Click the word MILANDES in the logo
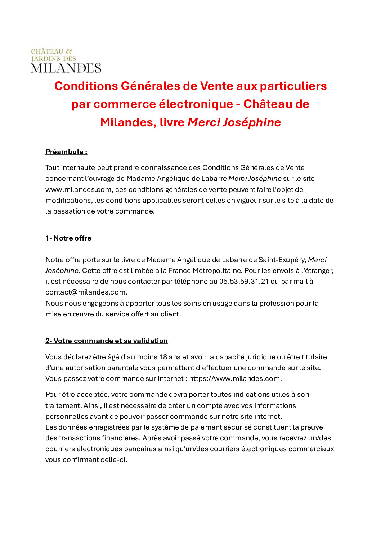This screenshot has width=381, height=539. tap(66, 68)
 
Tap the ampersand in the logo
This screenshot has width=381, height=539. tap(69, 51)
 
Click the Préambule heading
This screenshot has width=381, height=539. tap(66, 152)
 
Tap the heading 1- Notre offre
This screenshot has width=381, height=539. tap(68, 238)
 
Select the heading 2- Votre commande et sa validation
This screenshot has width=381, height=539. tap(107, 341)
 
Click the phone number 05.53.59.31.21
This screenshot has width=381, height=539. tap(244, 281)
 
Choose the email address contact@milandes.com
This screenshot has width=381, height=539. tap(86, 292)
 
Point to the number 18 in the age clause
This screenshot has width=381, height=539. tap(163, 357)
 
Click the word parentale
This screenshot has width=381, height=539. tap(120, 368)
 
